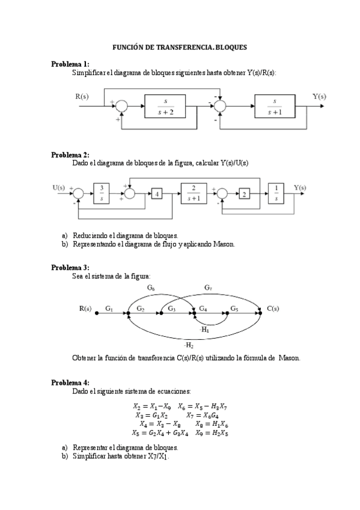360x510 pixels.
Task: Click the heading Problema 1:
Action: click(70, 64)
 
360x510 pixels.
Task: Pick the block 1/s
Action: click(276, 193)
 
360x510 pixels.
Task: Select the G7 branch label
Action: click(208, 288)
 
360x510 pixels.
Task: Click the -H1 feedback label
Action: click(204, 330)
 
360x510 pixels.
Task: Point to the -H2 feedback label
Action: click(189, 345)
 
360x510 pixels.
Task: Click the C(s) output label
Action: click(273, 309)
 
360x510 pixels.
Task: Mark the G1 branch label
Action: click(109, 309)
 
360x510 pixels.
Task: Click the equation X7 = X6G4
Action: click(203, 415)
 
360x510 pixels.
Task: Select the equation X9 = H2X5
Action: click(211, 432)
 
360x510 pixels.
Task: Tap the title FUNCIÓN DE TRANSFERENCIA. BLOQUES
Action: click(180, 47)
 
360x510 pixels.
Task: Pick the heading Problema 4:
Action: click(70, 382)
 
